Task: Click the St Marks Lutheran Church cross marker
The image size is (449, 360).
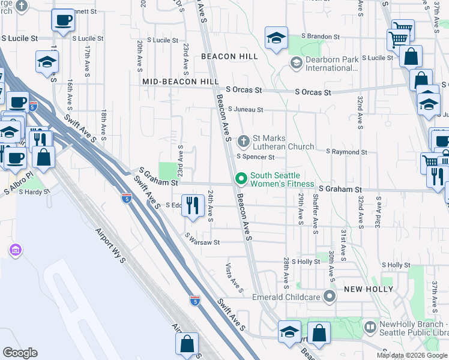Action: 243,142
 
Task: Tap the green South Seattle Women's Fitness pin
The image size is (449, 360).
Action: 241,179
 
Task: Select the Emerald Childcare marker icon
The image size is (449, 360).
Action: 330,296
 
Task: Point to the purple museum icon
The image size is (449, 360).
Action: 16,249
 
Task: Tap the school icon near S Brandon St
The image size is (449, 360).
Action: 276,38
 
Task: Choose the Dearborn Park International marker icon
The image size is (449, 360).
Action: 296,63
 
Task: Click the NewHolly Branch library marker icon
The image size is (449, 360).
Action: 370,328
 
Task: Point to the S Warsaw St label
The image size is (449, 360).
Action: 203,240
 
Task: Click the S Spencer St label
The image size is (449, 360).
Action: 255,157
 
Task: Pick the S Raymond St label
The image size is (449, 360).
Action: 346,152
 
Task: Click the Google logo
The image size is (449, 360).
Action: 20,352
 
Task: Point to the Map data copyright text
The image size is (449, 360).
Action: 411,355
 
